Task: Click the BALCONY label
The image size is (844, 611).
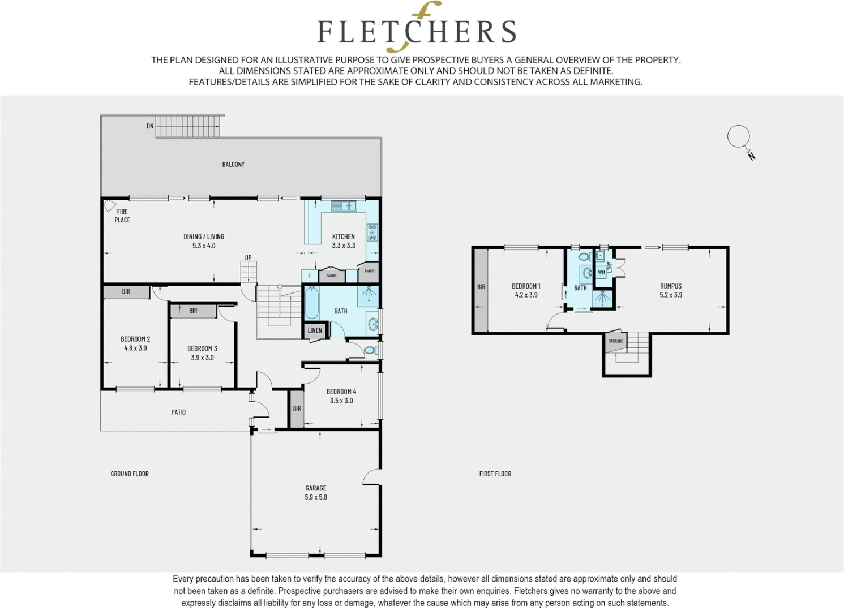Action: pyautogui.click(x=233, y=165)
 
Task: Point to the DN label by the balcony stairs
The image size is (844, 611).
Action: pyautogui.click(x=150, y=126)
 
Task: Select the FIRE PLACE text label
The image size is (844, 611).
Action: pyautogui.click(x=122, y=216)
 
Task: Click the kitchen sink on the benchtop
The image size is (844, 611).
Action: pyautogui.click(x=344, y=206)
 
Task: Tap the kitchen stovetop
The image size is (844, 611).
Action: pyautogui.click(x=372, y=233)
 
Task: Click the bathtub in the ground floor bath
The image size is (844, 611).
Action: pyautogui.click(x=311, y=303)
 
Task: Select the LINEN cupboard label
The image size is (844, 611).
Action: pyautogui.click(x=315, y=330)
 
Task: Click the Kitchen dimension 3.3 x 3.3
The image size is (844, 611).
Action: pyautogui.click(x=344, y=246)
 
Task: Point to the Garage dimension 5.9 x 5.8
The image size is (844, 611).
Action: pyautogui.click(x=316, y=497)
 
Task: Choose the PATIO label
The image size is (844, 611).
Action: pyautogui.click(x=178, y=412)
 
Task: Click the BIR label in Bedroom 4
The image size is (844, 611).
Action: pyautogui.click(x=297, y=408)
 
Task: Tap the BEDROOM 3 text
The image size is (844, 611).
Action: pyautogui.click(x=202, y=348)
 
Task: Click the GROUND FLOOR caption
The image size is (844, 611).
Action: pyautogui.click(x=130, y=474)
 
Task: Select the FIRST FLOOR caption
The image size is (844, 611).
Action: pyautogui.click(x=495, y=474)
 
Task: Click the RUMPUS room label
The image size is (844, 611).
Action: pyautogui.click(x=671, y=286)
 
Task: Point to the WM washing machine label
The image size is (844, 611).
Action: pyautogui.click(x=601, y=272)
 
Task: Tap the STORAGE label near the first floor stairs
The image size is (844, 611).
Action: pyautogui.click(x=615, y=341)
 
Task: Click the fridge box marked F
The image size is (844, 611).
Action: pyautogui.click(x=309, y=276)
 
